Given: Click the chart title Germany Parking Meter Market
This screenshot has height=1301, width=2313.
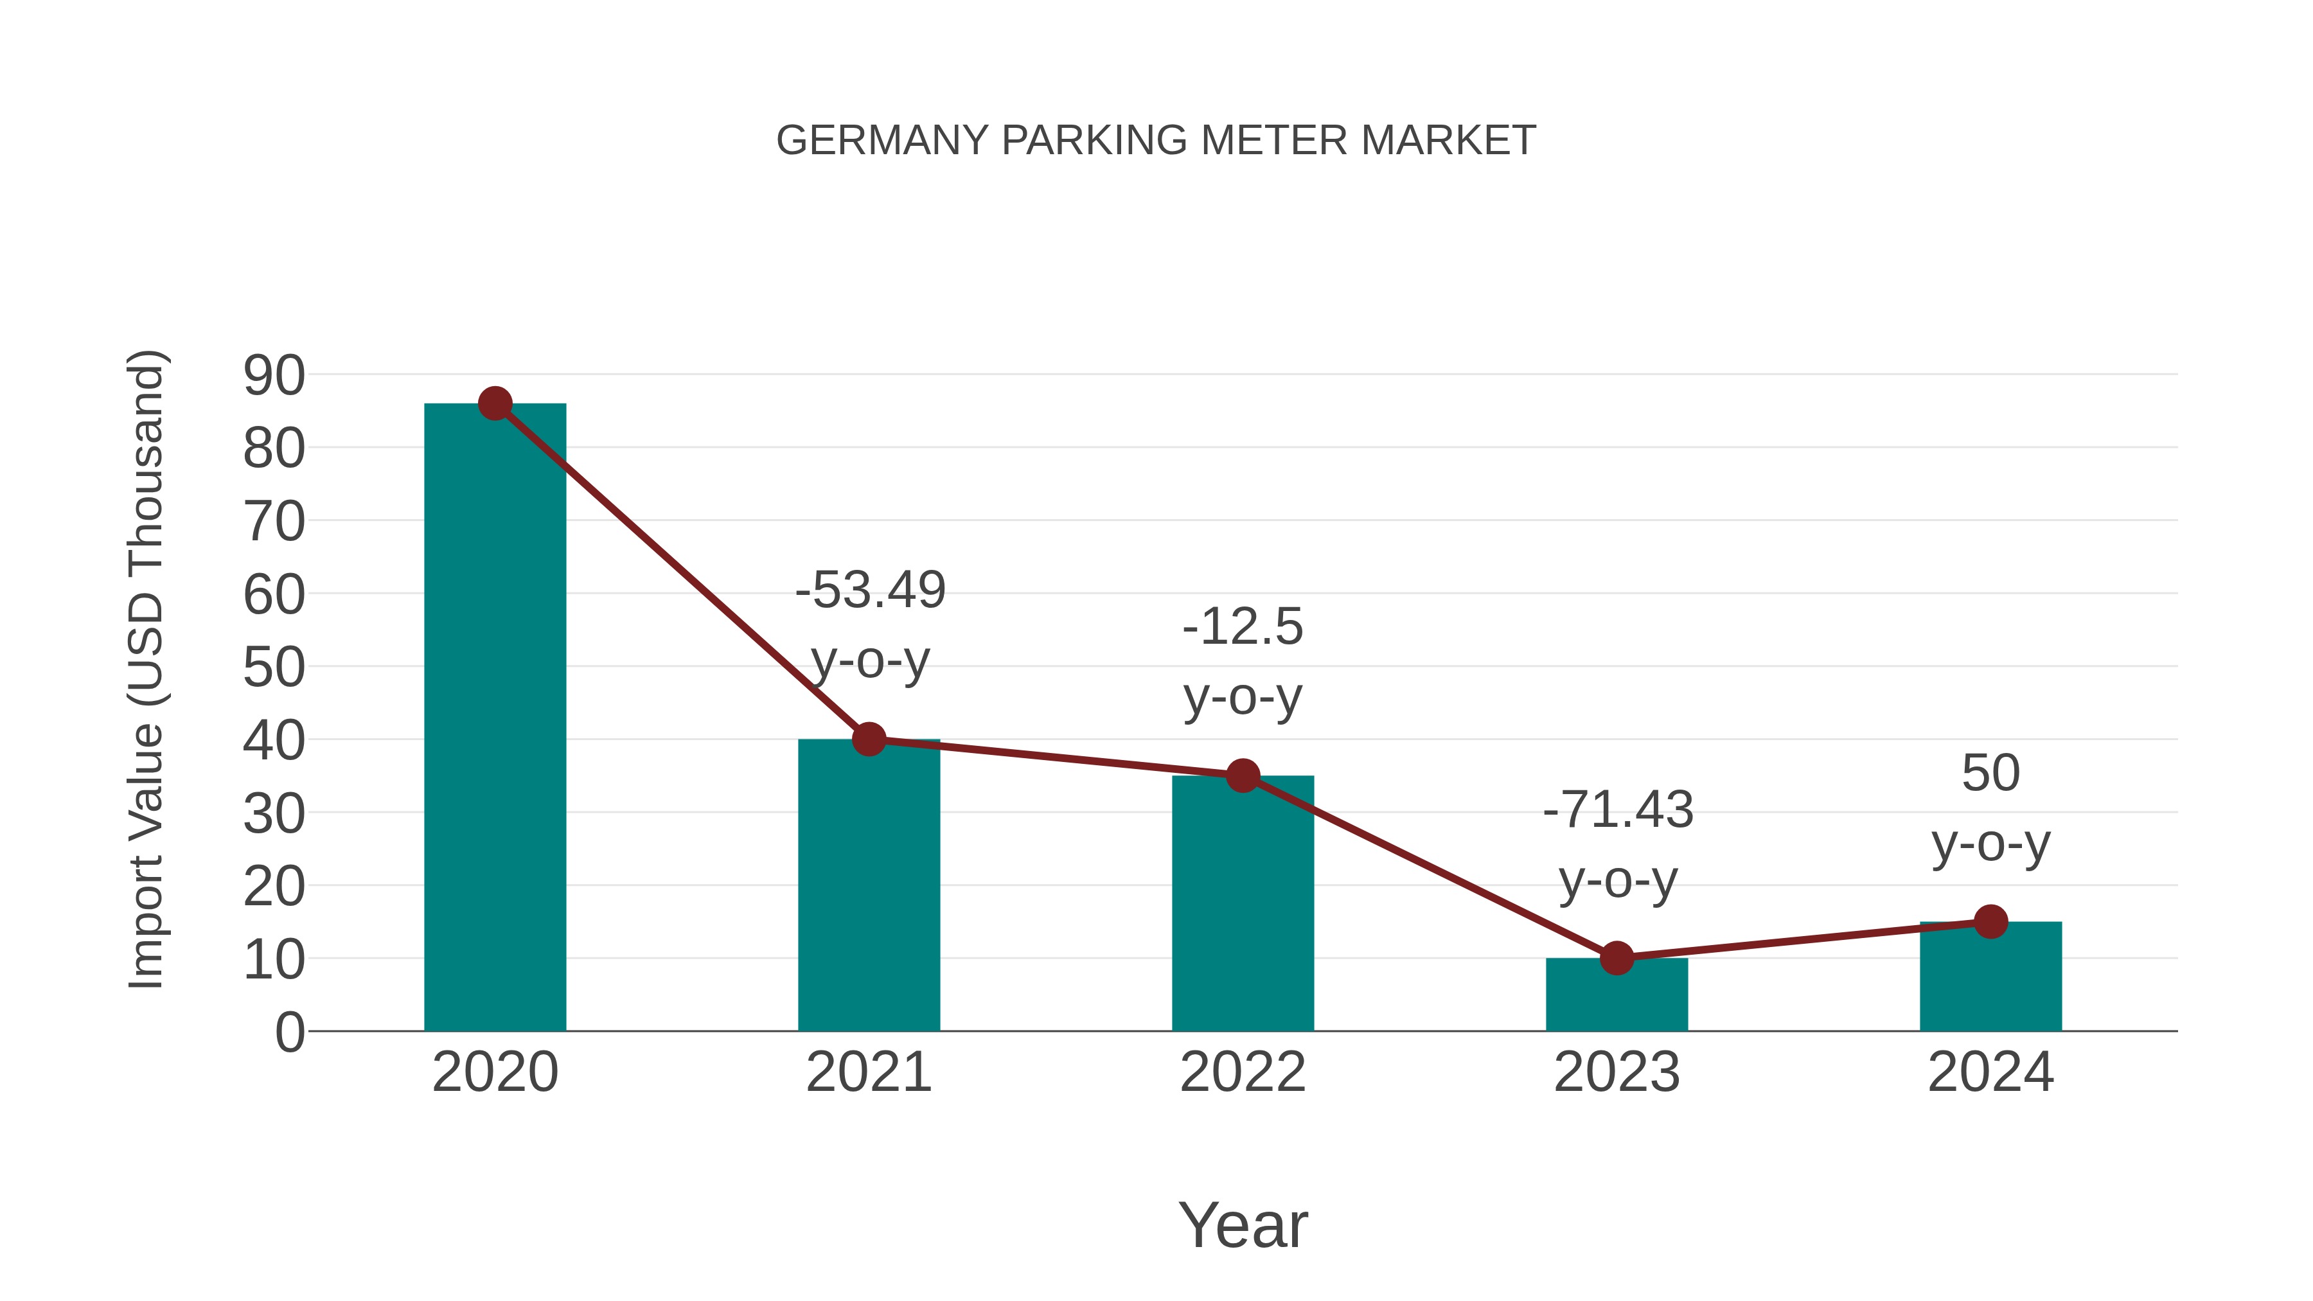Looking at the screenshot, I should pos(1156,141).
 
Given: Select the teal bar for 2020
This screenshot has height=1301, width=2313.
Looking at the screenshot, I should pos(495,718).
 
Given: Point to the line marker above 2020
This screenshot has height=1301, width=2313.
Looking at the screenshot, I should pos(495,404).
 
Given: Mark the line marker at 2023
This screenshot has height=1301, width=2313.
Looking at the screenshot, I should pos(1617,958).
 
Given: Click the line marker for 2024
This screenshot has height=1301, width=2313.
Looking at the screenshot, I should pos(1990,921).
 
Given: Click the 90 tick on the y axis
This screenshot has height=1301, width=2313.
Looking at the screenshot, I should pos(274,375).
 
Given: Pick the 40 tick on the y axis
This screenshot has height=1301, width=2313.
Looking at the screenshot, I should pos(274,741).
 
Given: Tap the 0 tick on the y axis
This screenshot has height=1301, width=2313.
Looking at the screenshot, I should pos(289,1032).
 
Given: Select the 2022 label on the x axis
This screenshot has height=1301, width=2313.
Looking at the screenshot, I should pos(1243,1072).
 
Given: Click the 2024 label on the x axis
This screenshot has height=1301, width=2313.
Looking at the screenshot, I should pos(1990,1072).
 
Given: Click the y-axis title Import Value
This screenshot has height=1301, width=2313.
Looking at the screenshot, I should pos(145,669).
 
